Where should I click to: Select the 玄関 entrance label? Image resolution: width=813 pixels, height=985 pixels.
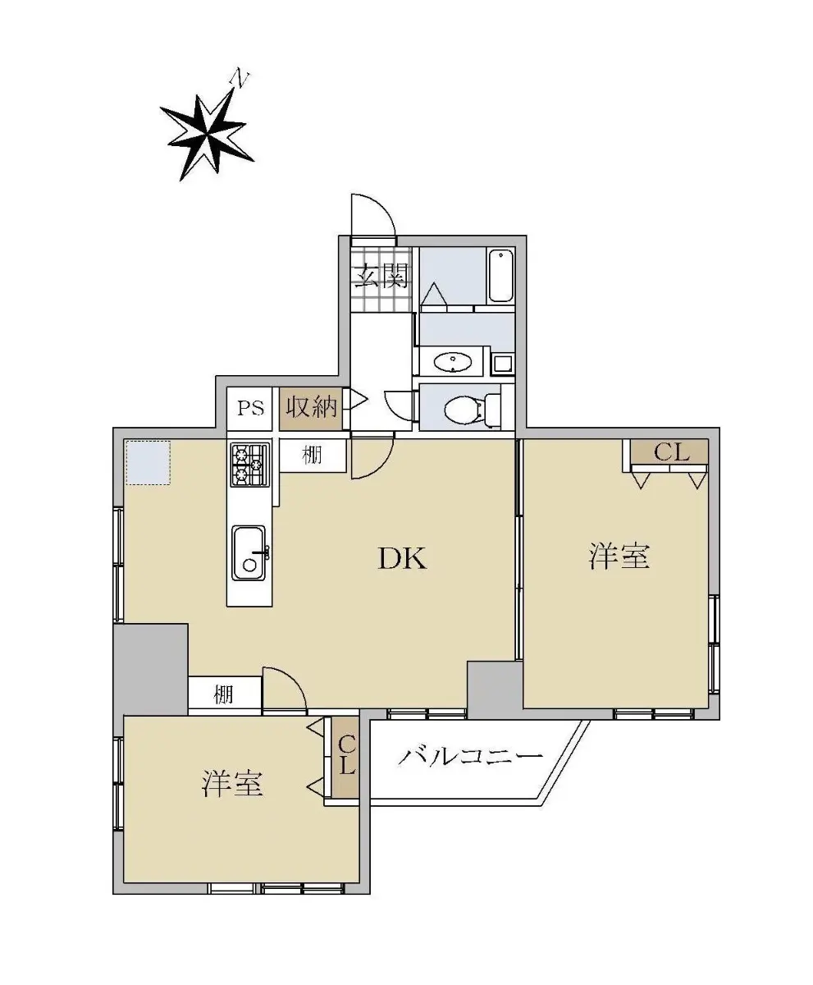click(381, 276)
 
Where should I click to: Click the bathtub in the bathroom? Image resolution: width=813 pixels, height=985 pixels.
click(500, 276)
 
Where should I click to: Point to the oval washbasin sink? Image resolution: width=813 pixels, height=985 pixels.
click(452, 363)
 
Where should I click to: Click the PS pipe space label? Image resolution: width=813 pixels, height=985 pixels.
click(250, 408)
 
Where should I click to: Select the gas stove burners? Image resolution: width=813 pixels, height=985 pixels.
click(250, 465)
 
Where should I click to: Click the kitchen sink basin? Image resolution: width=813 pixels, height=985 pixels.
click(249, 554)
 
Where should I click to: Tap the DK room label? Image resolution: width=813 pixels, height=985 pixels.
click(402, 558)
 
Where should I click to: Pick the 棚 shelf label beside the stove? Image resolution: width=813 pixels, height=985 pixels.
click(313, 455)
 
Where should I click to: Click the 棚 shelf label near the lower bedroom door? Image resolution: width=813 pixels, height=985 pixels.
click(223, 694)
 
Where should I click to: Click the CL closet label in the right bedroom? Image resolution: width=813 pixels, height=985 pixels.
click(672, 452)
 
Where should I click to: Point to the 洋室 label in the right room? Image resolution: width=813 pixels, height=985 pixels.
click(619, 557)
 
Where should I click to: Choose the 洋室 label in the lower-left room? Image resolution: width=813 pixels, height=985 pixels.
click(232, 784)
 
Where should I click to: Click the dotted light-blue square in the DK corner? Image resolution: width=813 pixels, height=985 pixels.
click(148, 463)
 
